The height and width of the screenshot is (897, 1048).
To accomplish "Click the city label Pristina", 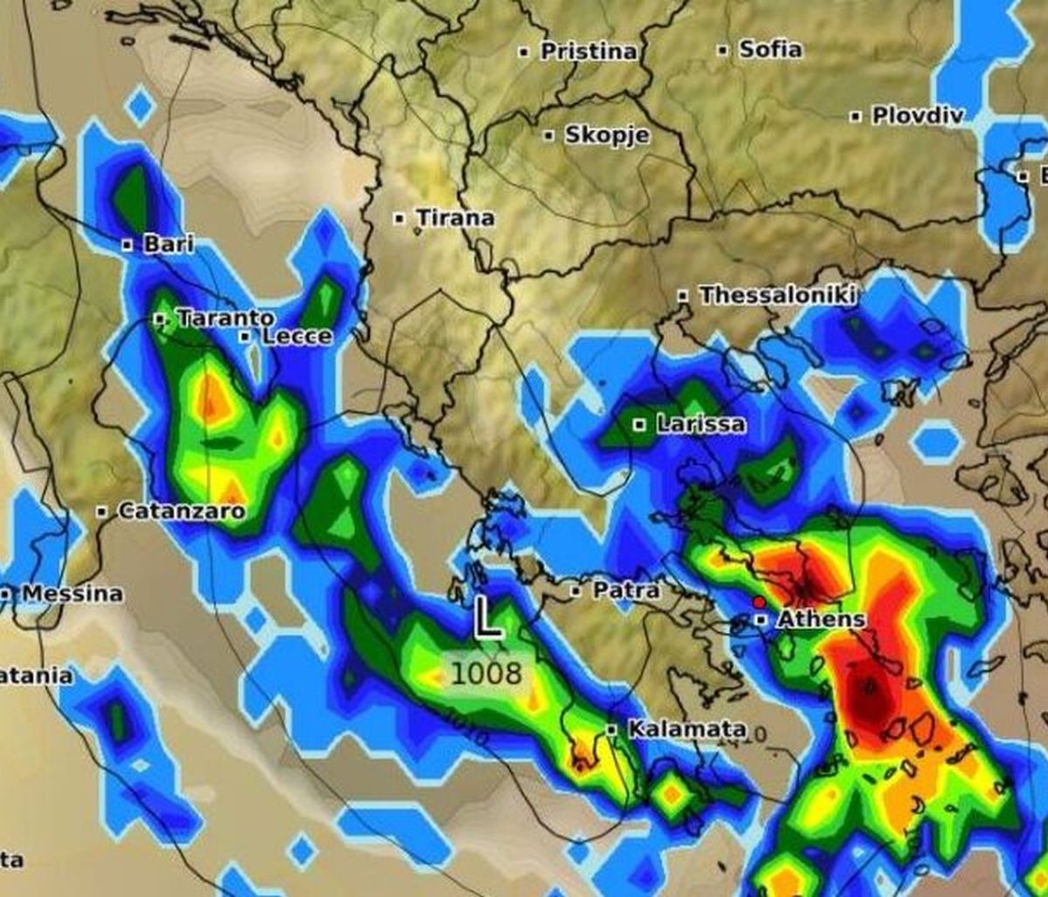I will tap(589, 52).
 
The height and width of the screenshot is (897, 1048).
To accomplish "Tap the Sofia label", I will tap(770, 49).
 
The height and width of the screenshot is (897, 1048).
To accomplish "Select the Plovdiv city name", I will tap(917, 115).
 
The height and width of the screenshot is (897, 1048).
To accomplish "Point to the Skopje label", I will tap(607, 135).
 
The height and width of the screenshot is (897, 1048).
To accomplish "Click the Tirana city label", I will tap(455, 217).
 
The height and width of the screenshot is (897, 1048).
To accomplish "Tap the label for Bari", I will tap(168, 244).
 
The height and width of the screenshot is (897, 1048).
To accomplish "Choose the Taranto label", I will tap(225, 319).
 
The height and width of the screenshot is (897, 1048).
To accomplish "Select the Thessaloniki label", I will tap(776, 295).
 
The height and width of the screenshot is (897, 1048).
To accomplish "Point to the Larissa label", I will tap(701, 425).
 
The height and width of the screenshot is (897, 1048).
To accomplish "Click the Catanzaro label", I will tap(181, 510).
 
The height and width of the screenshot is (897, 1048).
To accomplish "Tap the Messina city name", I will tap(72, 593).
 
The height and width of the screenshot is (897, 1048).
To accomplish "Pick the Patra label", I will tap(626, 591).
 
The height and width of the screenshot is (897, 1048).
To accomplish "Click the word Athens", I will tap(821, 620).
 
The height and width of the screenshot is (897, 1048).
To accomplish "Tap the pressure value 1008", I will tap(486, 674).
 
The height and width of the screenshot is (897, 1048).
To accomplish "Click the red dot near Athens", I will tap(758, 602).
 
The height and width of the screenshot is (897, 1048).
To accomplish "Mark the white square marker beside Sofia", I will tap(722, 51).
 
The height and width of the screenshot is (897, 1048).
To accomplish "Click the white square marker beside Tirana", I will tap(399, 218).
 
